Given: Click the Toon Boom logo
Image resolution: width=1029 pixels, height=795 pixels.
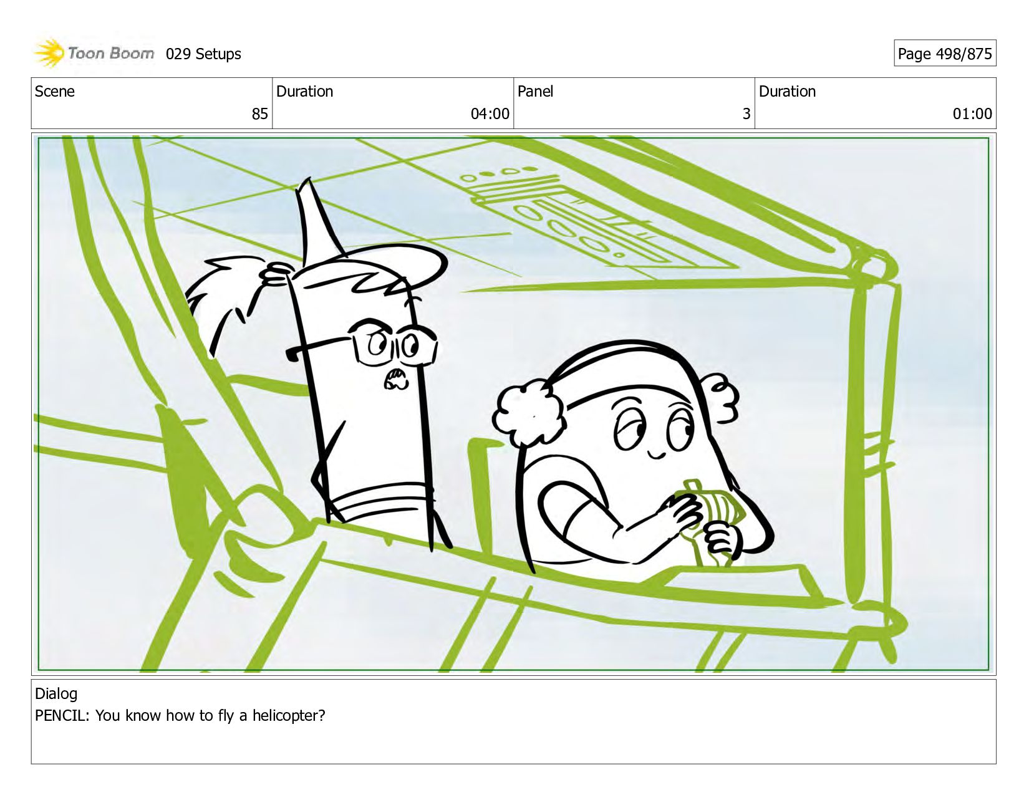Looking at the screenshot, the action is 94,53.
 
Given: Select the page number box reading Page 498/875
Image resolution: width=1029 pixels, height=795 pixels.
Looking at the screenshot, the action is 945,53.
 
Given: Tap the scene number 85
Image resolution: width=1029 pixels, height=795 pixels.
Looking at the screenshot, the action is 259,114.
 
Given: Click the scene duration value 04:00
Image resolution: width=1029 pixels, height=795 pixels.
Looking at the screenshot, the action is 490,114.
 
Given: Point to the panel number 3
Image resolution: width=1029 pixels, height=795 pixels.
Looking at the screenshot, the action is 746,114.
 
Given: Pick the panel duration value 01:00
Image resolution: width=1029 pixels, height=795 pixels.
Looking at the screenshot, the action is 972,114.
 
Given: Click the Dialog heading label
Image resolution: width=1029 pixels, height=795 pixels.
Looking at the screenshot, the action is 56,694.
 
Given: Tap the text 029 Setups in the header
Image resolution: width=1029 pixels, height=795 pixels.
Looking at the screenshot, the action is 203,54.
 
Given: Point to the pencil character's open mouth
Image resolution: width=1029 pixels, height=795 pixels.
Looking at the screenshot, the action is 395,379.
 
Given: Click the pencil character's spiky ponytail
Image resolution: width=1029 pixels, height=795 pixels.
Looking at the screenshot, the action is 227,294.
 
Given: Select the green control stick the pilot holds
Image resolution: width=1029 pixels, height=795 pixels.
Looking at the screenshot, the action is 705,521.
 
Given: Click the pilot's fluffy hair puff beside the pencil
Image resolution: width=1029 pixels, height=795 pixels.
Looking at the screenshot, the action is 529,415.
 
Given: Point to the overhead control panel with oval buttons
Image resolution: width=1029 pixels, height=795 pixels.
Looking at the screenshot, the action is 582,218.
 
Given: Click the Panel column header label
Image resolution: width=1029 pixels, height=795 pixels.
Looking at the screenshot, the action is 535,91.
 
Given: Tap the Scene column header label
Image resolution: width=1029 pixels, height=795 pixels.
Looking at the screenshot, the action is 54,91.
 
